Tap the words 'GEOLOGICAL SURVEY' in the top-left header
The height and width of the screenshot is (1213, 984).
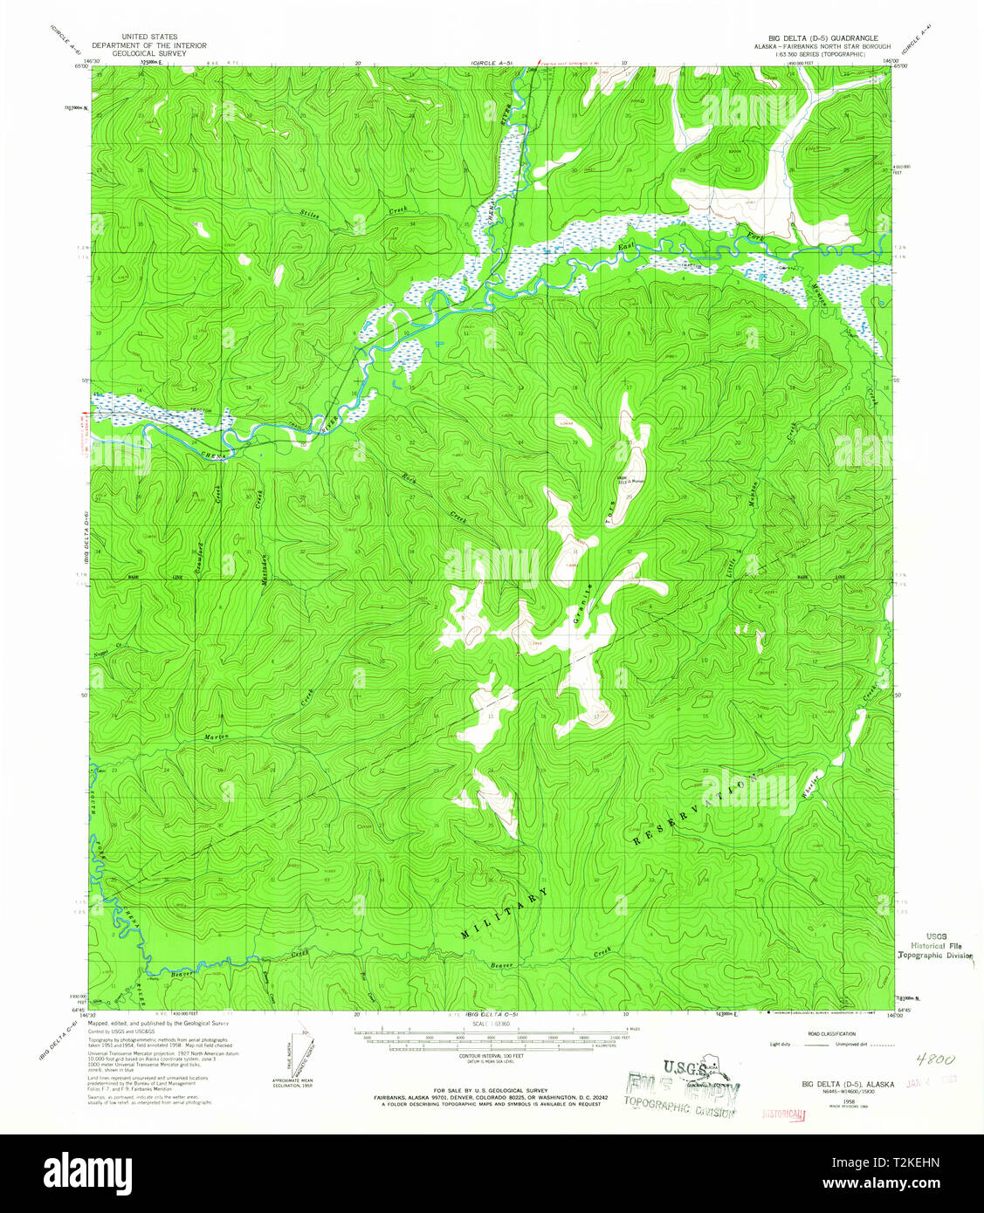pos(151,53)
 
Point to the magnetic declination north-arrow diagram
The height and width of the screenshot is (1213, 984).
pos(293,1057)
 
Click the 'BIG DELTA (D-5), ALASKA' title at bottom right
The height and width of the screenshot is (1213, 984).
pos(848,1084)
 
